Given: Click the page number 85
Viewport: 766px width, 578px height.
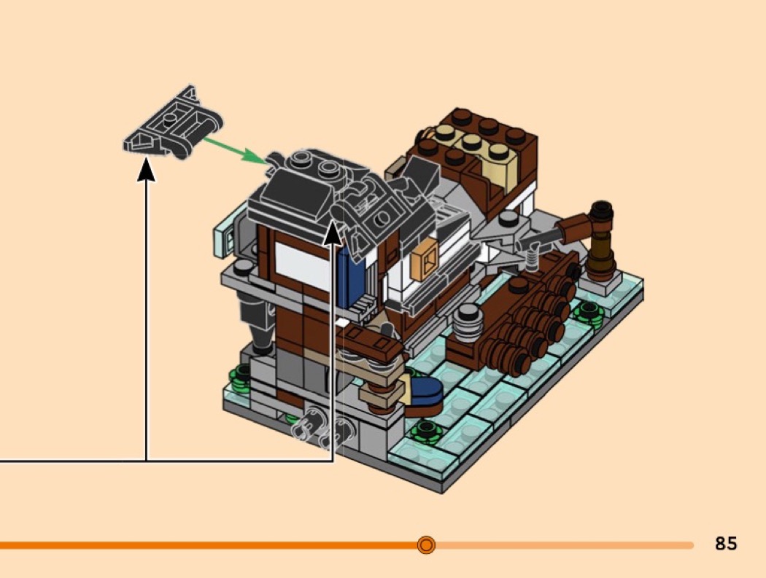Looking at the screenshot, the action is coord(726,543).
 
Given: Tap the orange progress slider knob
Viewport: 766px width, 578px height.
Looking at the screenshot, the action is coord(426,544).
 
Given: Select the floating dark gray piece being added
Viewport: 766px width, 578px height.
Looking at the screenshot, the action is coord(172,122).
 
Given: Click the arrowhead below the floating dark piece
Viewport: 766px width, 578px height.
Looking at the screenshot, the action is coord(146,170).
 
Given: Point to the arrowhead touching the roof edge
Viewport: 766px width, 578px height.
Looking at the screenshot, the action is coord(333,231).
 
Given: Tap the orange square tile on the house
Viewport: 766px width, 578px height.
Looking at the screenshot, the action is coord(424,260).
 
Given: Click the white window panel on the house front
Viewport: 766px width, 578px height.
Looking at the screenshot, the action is coord(303,265).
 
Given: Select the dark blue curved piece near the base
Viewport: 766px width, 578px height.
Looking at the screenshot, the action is coord(426,391).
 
